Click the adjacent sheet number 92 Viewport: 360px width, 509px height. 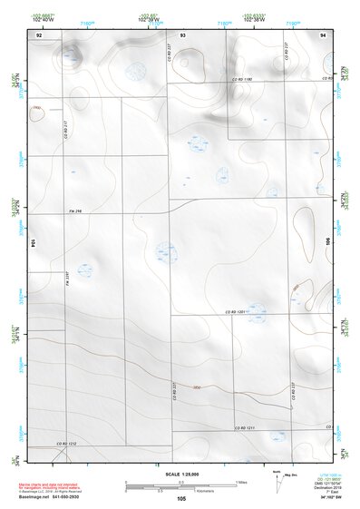pyautogui.click(x=39, y=33)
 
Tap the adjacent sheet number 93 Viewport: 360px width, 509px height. pyautogui.click(x=182, y=33)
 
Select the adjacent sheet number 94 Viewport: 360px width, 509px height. pyautogui.click(x=323, y=33)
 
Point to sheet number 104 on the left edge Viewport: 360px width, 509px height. pyautogui.click(x=33, y=244)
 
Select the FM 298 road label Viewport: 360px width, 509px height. pyautogui.click(x=74, y=212)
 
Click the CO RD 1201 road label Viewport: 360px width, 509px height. pyautogui.click(x=237, y=312)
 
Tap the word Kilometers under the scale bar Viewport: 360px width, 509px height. pyautogui.click(x=180, y=491)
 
